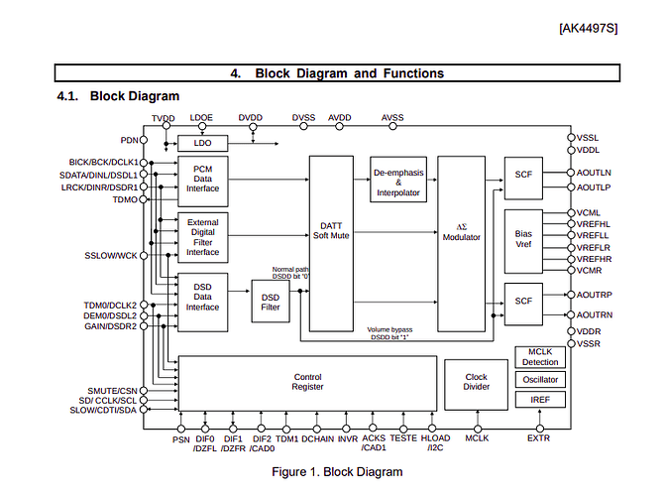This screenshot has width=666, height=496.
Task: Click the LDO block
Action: (x=202, y=143)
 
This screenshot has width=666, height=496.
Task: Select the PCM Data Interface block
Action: (x=202, y=182)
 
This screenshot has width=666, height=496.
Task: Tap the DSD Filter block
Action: (x=271, y=301)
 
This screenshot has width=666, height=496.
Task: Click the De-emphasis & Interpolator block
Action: (x=398, y=180)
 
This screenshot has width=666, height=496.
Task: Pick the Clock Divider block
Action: (x=476, y=385)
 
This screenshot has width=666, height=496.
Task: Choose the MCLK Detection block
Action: (x=540, y=357)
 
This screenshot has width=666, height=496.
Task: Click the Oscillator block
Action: (x=540, y=380)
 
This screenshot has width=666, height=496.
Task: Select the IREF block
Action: (x=540, y=400)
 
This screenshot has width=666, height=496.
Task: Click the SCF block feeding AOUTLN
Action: (x=523, y=179)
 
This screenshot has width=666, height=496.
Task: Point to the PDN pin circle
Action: (x=144, y=140)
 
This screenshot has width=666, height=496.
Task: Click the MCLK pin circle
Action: (x=478, y=429)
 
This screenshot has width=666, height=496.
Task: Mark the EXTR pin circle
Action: (x=540, y=429)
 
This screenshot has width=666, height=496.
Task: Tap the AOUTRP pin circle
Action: (x=571, y=295)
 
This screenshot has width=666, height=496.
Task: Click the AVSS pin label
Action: (x=392, y=118)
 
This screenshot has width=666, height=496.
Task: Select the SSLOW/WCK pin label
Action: (x=110, y=255)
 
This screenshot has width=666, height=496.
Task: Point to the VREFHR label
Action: (x=594, y=259)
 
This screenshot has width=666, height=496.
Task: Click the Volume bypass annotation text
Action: (x=389, y=333)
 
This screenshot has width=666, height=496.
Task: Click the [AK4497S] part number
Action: (x=589, y=29)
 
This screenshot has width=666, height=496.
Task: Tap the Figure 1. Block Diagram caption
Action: (x=337, y=472)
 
